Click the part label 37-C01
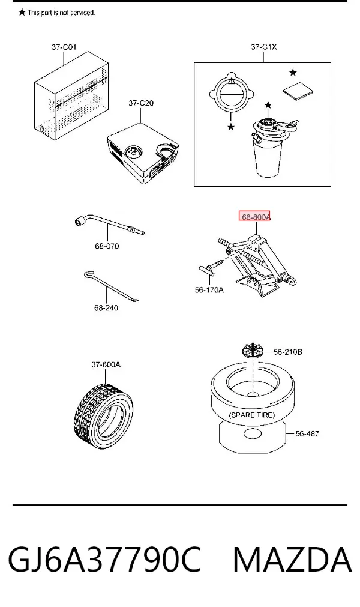[64, 47]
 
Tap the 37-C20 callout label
[141, 103]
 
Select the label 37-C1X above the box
[264, 47]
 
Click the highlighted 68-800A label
[255, 217]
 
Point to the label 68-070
[107, 246]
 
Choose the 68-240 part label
[106, 308]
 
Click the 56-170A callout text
[209, 289]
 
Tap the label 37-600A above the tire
[106, 364]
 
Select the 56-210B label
[288, 352]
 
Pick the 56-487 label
[307, 434]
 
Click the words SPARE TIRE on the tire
[252, 415]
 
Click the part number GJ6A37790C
[105, 560]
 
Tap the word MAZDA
[292, 560]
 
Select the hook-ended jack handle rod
[112, 287]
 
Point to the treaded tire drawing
[103, 417]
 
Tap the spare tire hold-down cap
[253, 351]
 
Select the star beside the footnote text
[22, 13]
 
